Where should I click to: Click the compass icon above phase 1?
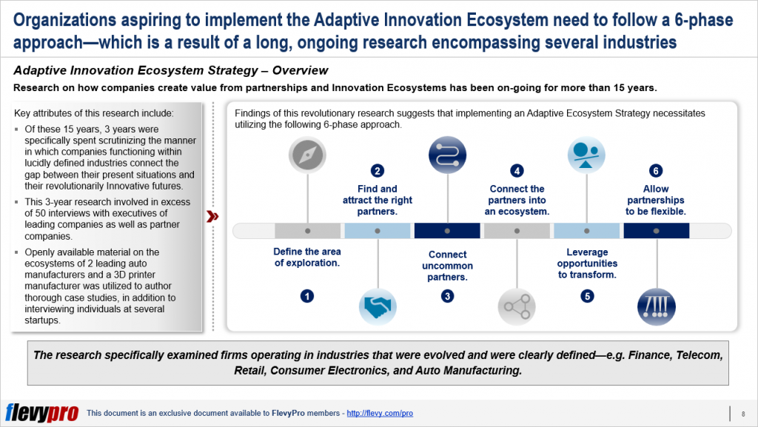(307, 155)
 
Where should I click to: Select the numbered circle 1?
(307, 296)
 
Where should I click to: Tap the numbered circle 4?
(517, 171)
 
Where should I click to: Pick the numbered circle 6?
(656, 171)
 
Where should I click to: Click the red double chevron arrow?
(212, 216)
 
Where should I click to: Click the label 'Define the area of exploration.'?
(307, 257)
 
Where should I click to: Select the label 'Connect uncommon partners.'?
(447, 266)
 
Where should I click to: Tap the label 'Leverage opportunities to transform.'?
(586, 263)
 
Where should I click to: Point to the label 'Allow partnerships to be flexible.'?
(656, 200)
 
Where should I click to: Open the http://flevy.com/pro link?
(379, 413)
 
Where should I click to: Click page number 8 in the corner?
(742, 413)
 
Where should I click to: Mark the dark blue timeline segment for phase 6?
(656, 231)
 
